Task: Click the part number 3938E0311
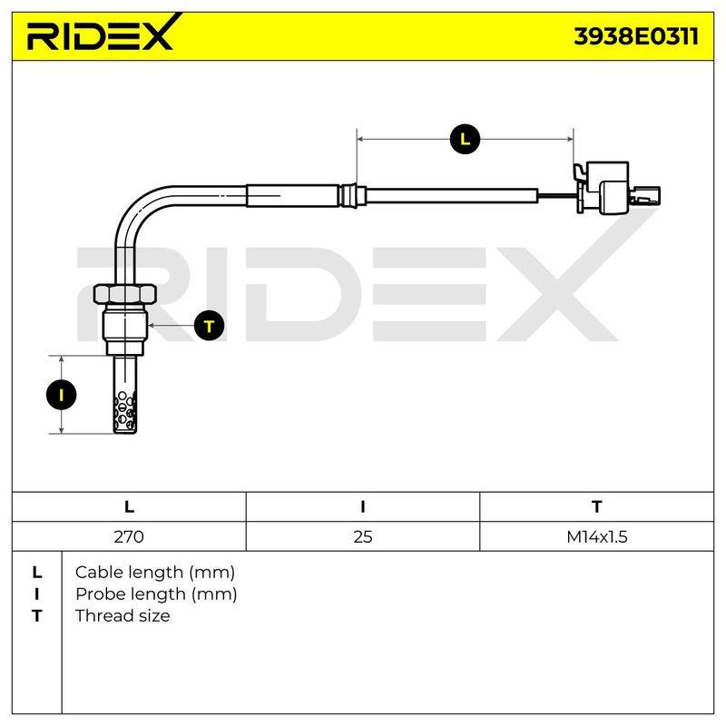(x=636, y=36)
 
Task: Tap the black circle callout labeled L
(x=465, y=139)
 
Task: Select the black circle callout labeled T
(x=210, y=326)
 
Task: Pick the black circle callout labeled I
(x=61, y=395)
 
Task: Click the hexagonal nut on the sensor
(x=125, y=294)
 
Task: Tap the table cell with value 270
(x=129, y=536)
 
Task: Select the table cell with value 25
(x=362, y=536)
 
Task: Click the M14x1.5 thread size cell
(x=597, y=536)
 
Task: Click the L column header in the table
(x=129, y=507)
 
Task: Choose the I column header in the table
(x=362, y=507)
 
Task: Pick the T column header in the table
(x=597, y=507)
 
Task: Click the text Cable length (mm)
(x=155, y=573)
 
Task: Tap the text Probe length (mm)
(x=156, y=594)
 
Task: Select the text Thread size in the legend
(x=123, y=616)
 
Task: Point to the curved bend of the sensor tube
(x=139, y=209)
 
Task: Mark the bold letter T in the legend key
(x=36, y=616)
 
